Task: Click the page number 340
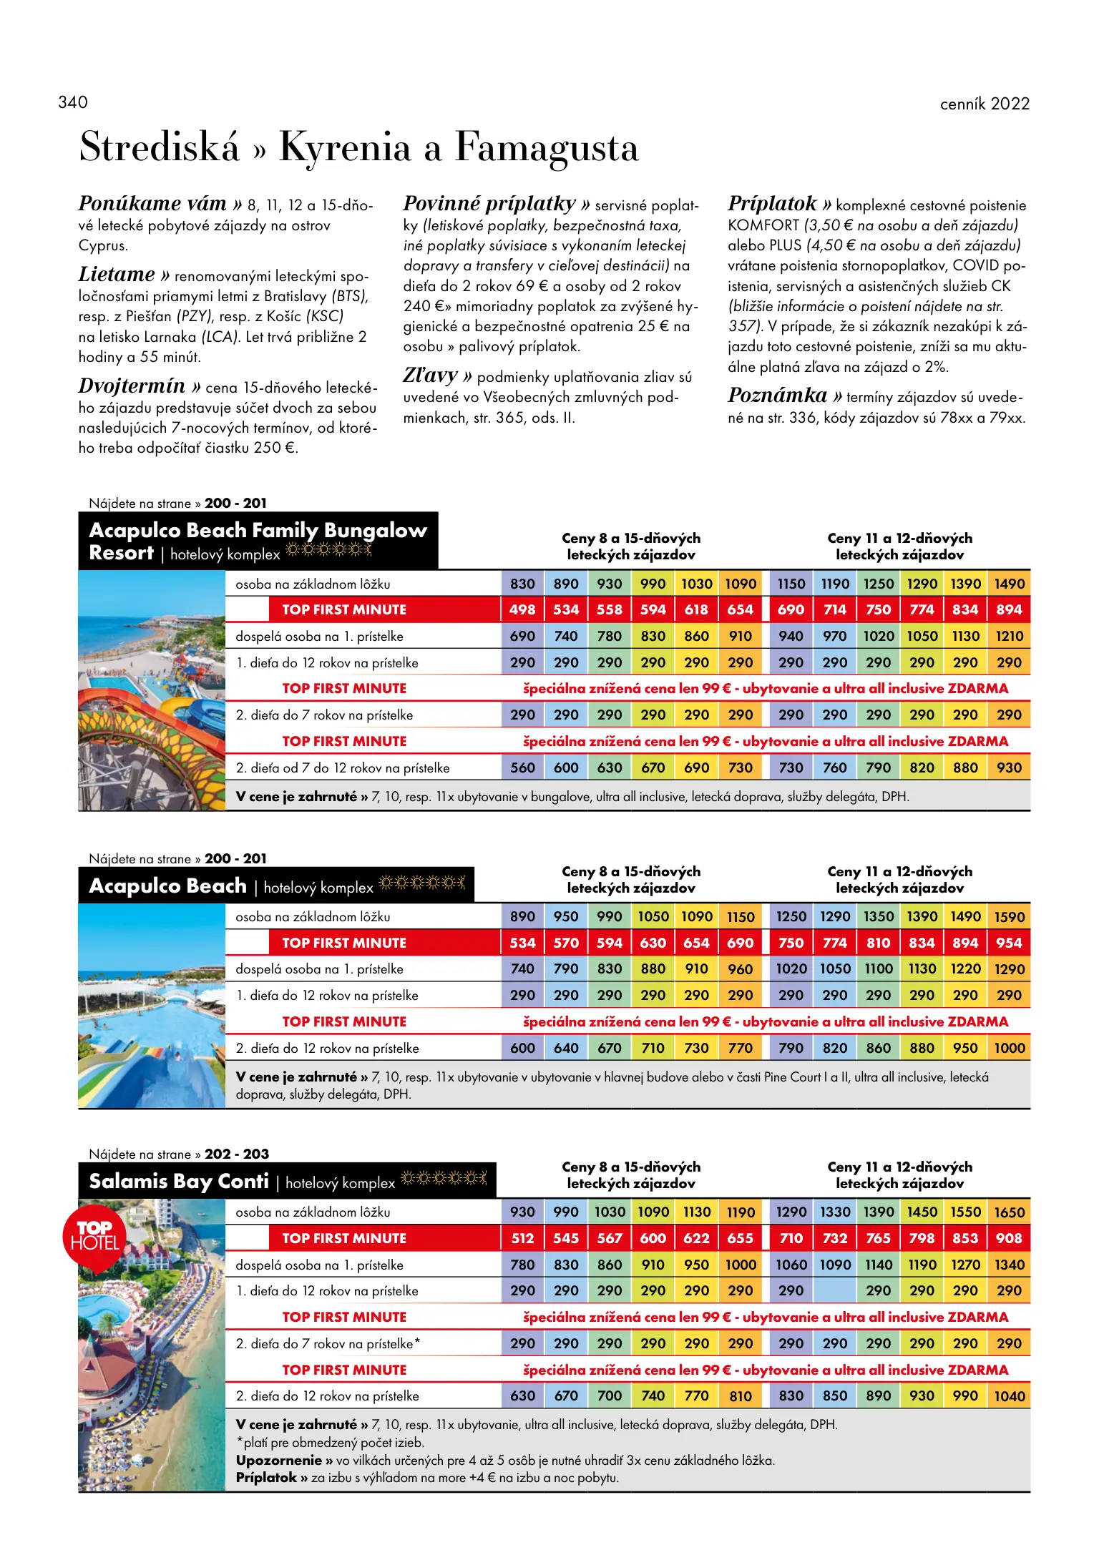73,102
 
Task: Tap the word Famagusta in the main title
546,147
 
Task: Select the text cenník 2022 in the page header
984,104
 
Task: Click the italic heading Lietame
117,275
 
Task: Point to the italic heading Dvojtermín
132,386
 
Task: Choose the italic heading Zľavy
430,376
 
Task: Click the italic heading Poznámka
777,396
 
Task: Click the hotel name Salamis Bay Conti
179,1181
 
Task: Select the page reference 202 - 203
237,1154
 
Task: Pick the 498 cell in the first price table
522,609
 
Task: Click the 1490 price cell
1009,584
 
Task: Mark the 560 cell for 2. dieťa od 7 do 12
522,767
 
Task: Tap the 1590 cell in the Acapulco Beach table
1009,917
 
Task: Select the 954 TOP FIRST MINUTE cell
1009,943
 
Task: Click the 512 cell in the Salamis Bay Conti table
522,1238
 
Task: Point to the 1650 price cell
1009,1212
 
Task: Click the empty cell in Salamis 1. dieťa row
835,1290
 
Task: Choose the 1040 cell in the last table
1009,1396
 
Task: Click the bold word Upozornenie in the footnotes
278,1460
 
